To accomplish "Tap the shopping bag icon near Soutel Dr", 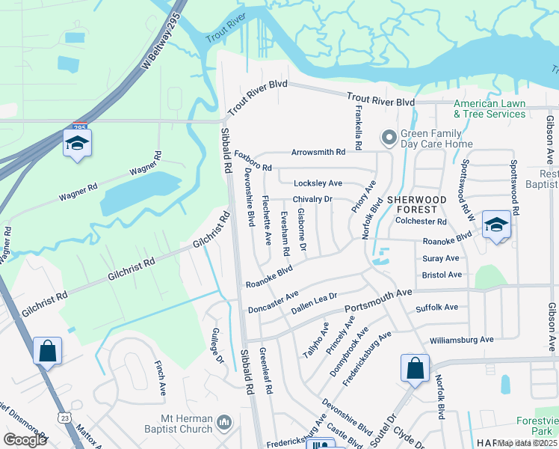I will pos(415,368).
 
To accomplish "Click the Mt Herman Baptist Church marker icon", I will pos(224,424).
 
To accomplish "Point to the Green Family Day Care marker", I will pos(389,138).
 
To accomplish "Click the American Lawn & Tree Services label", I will pos(489,109).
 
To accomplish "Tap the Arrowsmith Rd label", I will pos(318,152).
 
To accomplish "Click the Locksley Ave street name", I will pos(318,183).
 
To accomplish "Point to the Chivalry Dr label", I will pos(312,199).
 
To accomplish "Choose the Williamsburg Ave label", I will pos(461,340).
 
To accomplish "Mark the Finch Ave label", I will pos(160,378).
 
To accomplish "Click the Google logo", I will pos(25,440).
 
